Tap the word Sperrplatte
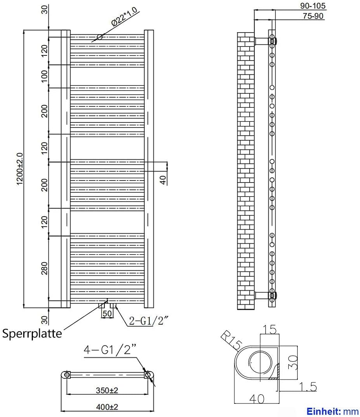pyautogui.click(x=32, y=333)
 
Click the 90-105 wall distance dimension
pyautogui.click(x=313, y=6)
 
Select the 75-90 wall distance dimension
pyautogui.click(x=313, y=16)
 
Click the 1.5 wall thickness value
pyautogui.click(x=308, y=386)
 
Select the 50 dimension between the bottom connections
pyautogui.click(x=108, y=313)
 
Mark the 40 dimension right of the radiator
pyautogui.click(x=163, y=179)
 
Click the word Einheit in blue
pyautogui.click(x=322, y=411)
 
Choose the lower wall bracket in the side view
pyautogui.click(x=262, y=295)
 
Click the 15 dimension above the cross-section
pyautogui.click(x=270, y=330)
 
